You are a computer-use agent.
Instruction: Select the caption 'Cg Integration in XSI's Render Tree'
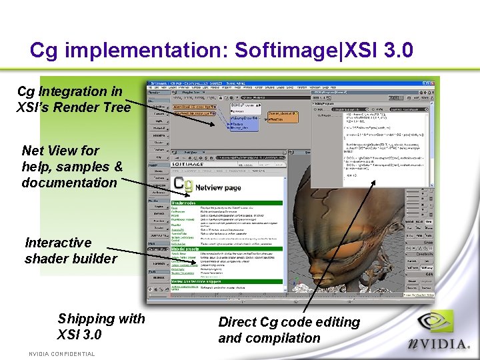pos(73,99)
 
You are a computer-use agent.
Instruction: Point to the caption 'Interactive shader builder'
pos(70,251)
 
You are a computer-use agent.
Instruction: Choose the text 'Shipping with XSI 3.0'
pos(101,327)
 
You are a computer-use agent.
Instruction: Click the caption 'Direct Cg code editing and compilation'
pos(289,330)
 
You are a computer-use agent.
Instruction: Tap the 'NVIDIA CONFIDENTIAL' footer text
pos(62,354)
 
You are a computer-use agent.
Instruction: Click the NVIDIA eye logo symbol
pos(437,325)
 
